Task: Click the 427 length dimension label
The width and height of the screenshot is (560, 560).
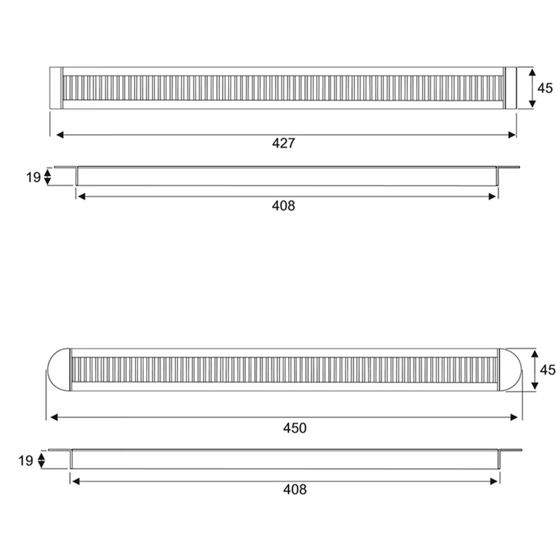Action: [284, 143]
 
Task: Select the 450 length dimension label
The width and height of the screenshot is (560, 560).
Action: [295, 428]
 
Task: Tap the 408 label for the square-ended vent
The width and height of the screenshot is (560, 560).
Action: [284, 206]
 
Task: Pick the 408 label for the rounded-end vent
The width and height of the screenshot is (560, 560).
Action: [295, 489]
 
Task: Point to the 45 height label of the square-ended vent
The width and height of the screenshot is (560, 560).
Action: [545, 88]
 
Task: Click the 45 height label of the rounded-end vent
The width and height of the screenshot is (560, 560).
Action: [548, 370]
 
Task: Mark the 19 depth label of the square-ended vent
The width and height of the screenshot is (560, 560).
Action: [33, 178]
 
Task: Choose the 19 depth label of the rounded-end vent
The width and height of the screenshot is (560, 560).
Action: [26, 461]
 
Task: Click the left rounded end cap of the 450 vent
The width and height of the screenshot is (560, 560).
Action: [58, 370]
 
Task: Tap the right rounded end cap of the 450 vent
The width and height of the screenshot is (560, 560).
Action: [510, 370]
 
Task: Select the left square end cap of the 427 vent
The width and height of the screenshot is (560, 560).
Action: [55, 88]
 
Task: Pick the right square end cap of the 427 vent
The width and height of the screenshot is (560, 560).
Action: [511, 88]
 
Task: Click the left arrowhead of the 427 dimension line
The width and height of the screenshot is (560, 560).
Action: [59, 135]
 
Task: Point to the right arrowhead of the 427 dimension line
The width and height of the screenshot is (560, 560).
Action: [512, 135]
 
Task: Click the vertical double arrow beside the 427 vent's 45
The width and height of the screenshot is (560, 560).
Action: [532, 88]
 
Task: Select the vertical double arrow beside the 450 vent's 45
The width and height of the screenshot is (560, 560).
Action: [535, 370]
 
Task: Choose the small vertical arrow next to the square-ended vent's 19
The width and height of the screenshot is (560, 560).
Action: [48, 178]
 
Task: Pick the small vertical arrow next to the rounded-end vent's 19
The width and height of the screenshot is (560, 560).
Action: [41, 461]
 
